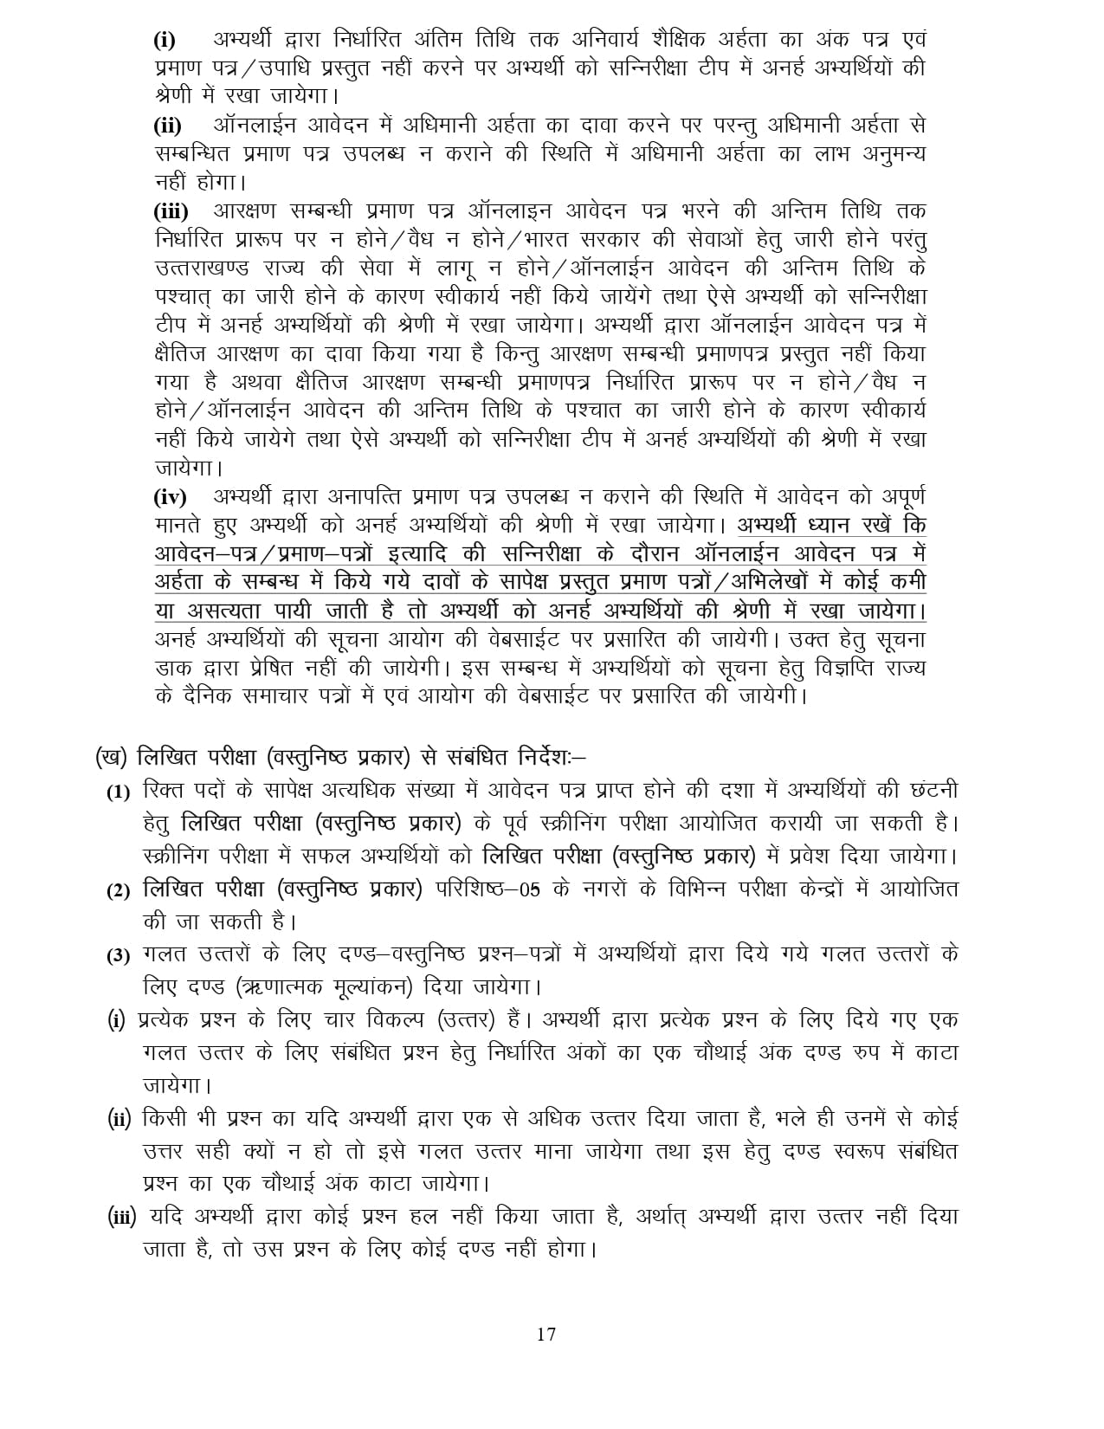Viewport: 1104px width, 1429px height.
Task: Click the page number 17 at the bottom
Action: click(546, 1334)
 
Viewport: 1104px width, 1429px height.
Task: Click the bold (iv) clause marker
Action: click(171, 498)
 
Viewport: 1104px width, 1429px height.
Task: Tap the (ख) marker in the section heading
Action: click(112, 756)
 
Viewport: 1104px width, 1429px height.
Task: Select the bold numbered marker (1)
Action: click(118, 792)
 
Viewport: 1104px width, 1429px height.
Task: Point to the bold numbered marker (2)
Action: click(118, 891)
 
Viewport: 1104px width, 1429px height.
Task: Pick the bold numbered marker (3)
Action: click(118, 956)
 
